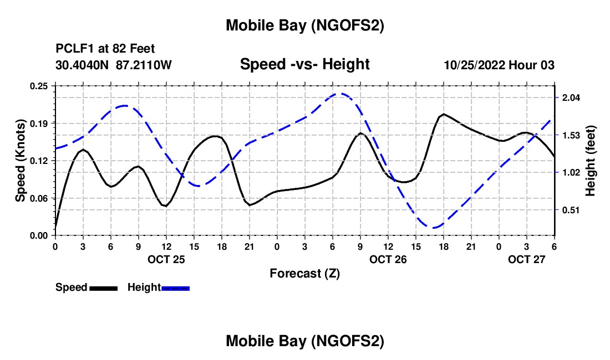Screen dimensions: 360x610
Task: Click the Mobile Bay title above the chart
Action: pyautogui.click(x=304, y=25)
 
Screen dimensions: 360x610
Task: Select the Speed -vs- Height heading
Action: pyautogui.click(x=304, y=64)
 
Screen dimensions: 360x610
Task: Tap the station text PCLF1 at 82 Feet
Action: pyautogui.click(x=105, y=49)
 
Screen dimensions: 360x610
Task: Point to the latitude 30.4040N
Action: pyautogui.click(x=83, y=65)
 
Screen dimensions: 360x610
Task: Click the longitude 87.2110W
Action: pyautogui.click(x=144, y=65)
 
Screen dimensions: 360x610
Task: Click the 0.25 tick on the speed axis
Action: pyautogui.click(x=40, y=86)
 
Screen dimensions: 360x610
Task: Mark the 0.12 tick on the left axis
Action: pyautogui.click(x=40, y=161)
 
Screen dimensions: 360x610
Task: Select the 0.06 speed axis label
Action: pyautogui.click(x=40, y=198)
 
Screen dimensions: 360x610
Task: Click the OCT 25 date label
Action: pyautogui.click(x=166, y=259)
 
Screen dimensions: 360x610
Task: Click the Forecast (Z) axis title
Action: pyautogui.click(x=304, y=273)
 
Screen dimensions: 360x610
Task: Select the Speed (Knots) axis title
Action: pyautogui.click(x=21, y=161)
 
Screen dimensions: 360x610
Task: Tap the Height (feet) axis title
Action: pyautogui.click(x=591, y=161)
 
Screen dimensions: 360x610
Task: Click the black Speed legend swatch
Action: pyautogui.click(x=103, y=288)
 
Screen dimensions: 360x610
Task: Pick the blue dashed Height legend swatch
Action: pyautogui.click(x=176, y=288)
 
